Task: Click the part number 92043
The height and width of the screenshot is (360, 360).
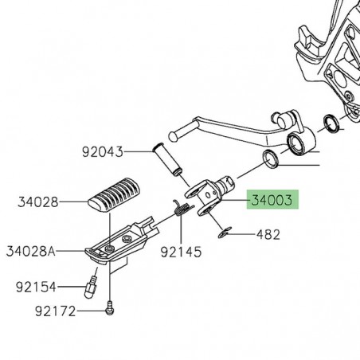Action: (103, 151)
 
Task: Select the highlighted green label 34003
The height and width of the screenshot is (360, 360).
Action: (270, 200)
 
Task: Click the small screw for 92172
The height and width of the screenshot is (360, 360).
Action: (109, 305)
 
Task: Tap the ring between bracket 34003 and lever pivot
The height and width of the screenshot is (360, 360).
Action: (271, 158)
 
